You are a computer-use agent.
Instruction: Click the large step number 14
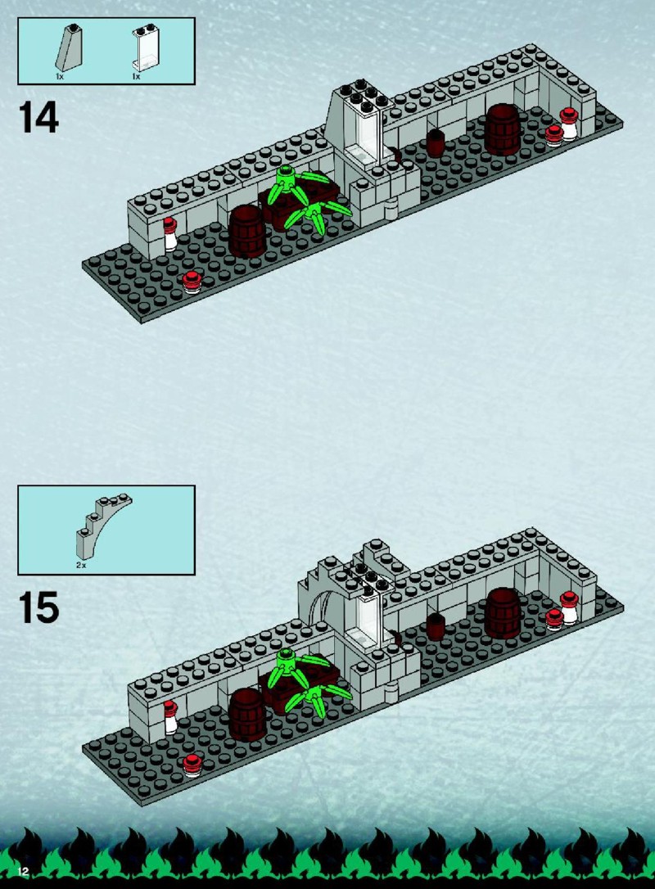click(38, 117)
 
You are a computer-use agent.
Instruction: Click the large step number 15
click(38, 607)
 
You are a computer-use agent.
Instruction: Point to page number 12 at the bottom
click(23, 872)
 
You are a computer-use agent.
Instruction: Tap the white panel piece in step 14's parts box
click(145, 48)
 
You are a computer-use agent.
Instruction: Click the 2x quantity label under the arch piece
click(81, 566)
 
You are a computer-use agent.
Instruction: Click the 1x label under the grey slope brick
click(60, 76)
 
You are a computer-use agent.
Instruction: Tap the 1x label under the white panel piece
click(136, 76)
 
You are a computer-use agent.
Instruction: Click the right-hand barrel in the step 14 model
click(503, 129)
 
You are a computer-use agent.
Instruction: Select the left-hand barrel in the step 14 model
click(246, 231)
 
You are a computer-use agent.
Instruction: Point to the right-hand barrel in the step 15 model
click(503, 613)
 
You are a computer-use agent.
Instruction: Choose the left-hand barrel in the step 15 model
click(246, 715)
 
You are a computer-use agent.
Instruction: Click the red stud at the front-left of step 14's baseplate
click(192, 282)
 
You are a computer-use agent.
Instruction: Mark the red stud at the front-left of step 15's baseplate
click(192, 765)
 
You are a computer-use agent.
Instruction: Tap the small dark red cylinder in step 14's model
click(435, 142)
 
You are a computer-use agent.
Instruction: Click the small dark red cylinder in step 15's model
click(435, 626)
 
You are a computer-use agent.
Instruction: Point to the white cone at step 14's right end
click(569, 124)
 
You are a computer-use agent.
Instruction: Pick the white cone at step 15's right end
click(569, 607)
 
